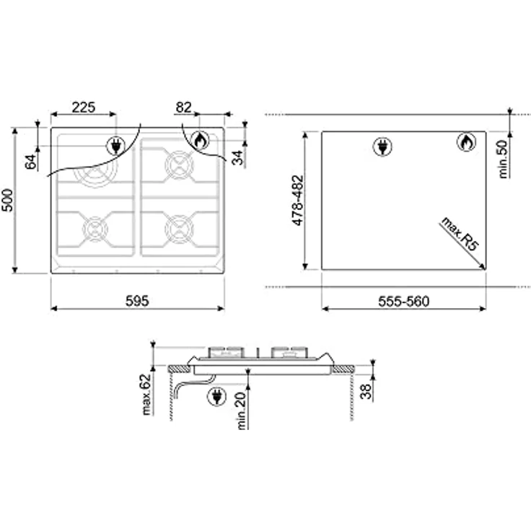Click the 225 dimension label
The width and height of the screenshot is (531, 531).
pos(84,107)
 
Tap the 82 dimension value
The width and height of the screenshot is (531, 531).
pos(183,107)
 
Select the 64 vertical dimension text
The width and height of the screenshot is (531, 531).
pos(31,162)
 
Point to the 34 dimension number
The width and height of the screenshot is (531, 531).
pos(238,157)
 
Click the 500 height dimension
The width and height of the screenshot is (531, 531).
pos(7,201)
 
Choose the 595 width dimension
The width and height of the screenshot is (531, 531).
pos(137,301)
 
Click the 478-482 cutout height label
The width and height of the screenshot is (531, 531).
pos(298,200)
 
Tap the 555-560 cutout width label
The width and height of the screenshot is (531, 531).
pos(404,302)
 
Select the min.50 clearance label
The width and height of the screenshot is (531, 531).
pos(504,159)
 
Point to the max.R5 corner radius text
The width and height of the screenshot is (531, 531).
pos(460,234)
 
